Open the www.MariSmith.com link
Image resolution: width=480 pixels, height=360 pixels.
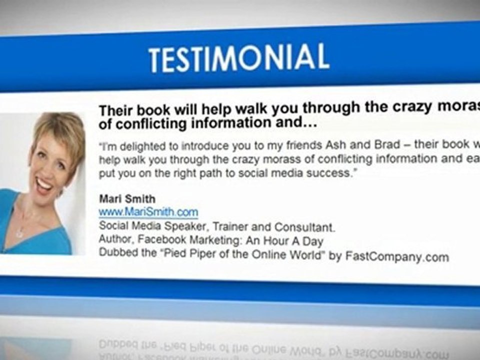pyautogui.click(x=148, y=212)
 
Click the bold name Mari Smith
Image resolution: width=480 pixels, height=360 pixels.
pyautogui.click(x=127, y=199)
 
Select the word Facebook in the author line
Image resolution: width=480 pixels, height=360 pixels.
pyautogui.click(x=161, y=241)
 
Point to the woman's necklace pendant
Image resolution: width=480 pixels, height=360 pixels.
pyautogui.click(x=20, y=232)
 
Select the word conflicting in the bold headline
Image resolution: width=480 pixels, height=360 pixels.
pyautogui.click(x=149, y=123)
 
